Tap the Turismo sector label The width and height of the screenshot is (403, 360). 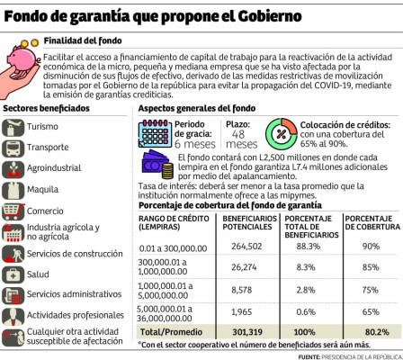pyautogui.click(x=43, y=127)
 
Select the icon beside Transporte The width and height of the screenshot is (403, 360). pyautogui.click(x=13, y=148)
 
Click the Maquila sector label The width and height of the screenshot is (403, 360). pyautogui.click(x=42, y=190)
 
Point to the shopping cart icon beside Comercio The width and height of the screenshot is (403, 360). pyautogui.click(x=13, y=211)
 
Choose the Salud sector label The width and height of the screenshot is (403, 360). pyautogui.click(x=39, y=274)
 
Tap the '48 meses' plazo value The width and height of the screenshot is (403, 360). pyautogui.click(x=241, y=138)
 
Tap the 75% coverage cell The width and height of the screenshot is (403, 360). pyautogui.click(x=369, y=290)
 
